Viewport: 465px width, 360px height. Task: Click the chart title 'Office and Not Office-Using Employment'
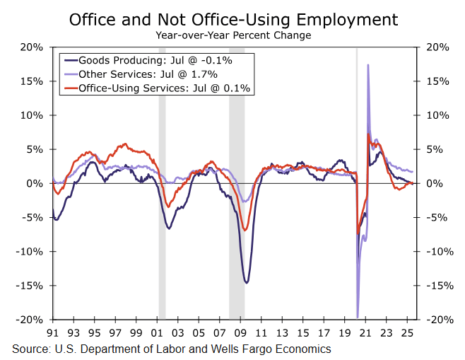pos(233,19)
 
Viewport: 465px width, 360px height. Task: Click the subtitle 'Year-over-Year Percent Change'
pos(233,35)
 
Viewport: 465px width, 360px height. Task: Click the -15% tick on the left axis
pos(31,286)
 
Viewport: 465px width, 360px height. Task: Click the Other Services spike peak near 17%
pos(368,65)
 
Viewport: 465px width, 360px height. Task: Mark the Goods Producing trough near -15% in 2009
pos(246,283)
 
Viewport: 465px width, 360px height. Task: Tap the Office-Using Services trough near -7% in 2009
pos(245,230)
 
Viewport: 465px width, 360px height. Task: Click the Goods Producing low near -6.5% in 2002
pos(169,228)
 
